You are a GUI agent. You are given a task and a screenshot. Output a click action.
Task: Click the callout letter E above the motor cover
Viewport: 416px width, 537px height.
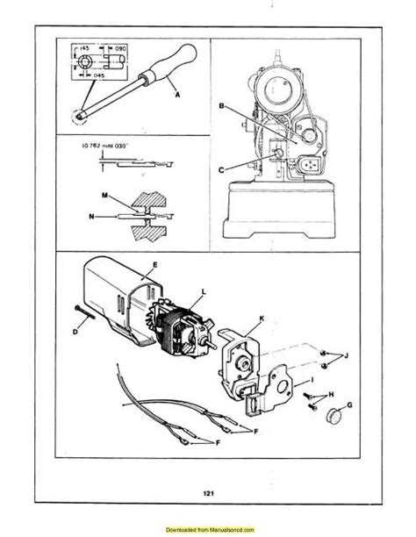tap(154, 263)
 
